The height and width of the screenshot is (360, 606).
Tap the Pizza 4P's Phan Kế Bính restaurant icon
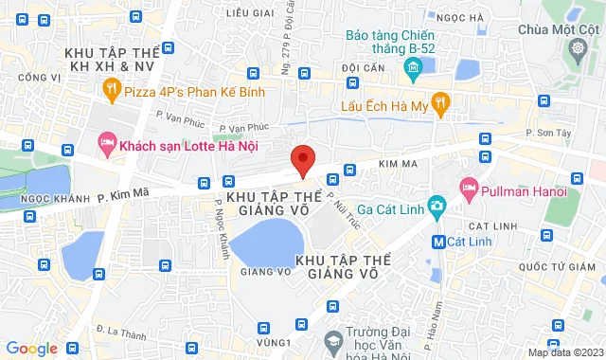tap(112, 90)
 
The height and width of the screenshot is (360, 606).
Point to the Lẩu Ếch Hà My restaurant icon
tap(439, 102)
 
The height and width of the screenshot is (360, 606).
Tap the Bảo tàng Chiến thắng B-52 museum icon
tap(413, 68)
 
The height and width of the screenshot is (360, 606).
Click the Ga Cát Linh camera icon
tap(437, 206)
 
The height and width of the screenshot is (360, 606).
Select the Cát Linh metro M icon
tap(438, 241)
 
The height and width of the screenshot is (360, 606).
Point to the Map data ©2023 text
tap(565, 353)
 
